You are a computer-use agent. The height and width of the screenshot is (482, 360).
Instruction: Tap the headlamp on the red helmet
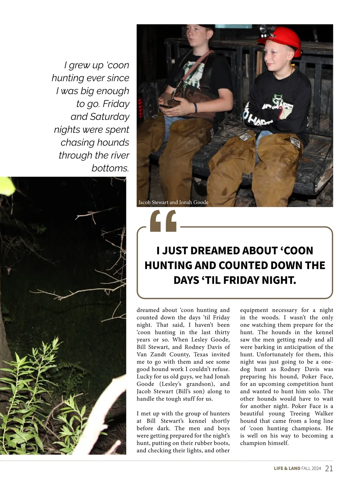264,29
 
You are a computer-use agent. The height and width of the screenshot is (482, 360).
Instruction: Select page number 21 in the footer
329,468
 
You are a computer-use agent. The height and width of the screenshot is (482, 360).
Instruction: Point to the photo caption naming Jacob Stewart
173,202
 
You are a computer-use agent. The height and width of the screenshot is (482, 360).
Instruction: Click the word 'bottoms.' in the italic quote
110,168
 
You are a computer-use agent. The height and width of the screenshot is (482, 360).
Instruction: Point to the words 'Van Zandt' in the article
150,354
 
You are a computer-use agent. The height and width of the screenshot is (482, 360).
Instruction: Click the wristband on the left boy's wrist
195,107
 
